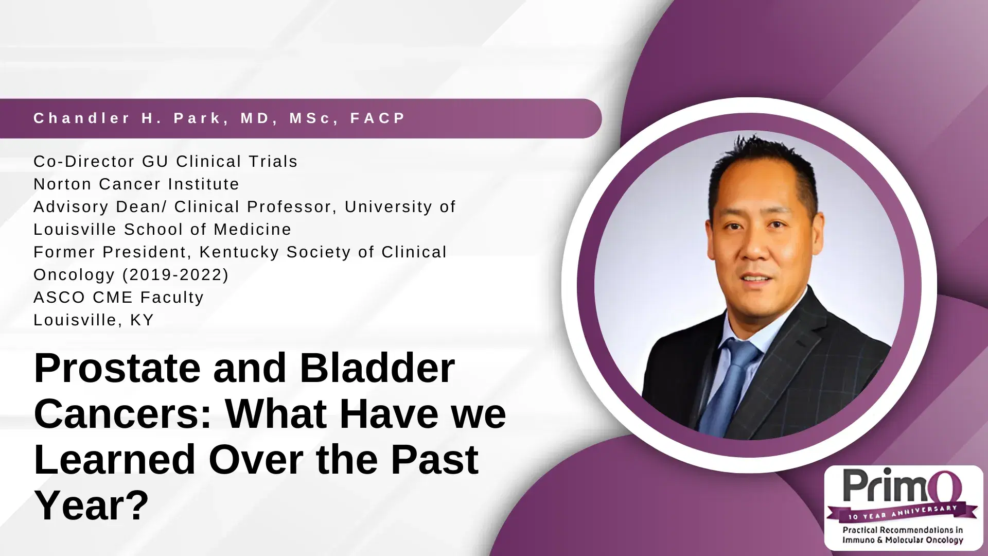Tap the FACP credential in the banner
(378, 118)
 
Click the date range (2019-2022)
(175, 274)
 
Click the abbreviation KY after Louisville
(142, 320)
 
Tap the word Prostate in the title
(117, 369)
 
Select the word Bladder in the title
(377, 369)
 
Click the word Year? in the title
(91, 506)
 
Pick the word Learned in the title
(114, 460)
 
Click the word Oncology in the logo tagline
(943, 540)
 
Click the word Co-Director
(83, 161)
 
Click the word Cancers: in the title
(122, 414)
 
